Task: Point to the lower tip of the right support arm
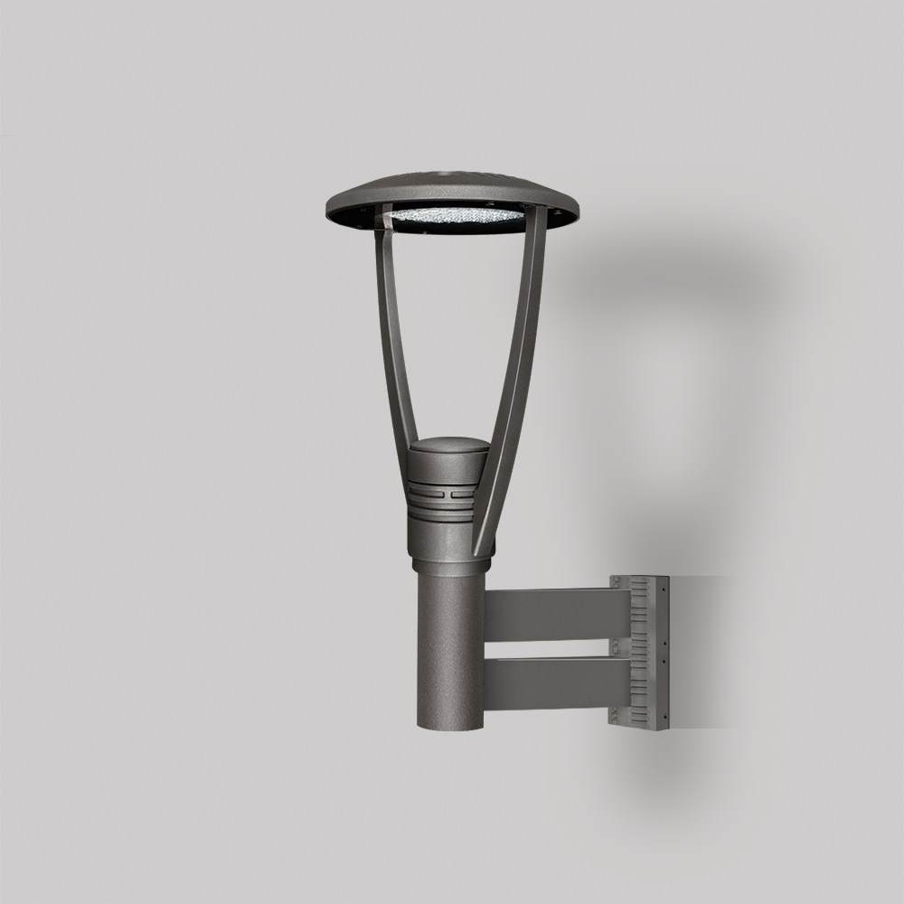(x=480, y=550)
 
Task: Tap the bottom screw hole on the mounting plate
(x=664, y=718)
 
